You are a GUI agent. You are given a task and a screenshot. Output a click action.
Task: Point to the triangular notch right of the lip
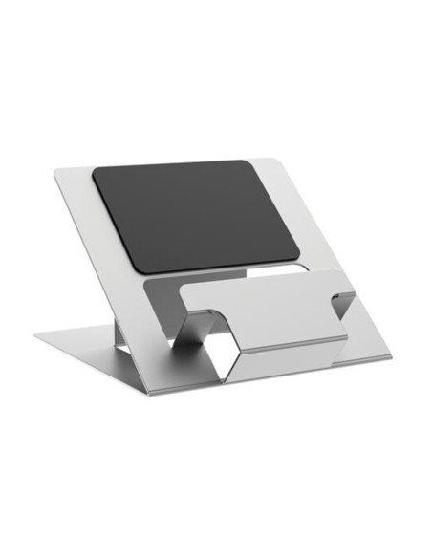tap(341, 305)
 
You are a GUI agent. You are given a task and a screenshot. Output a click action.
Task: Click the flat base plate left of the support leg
tap(76, 340)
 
